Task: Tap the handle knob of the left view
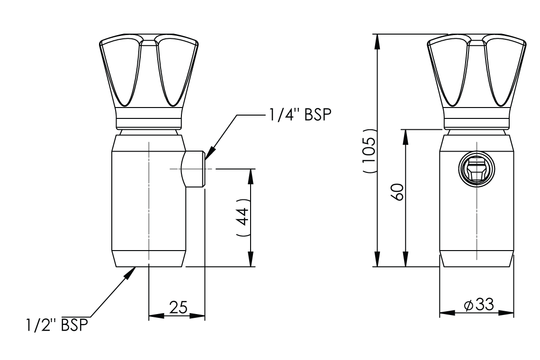149,73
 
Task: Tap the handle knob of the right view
477,73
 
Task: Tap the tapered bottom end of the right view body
477,259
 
